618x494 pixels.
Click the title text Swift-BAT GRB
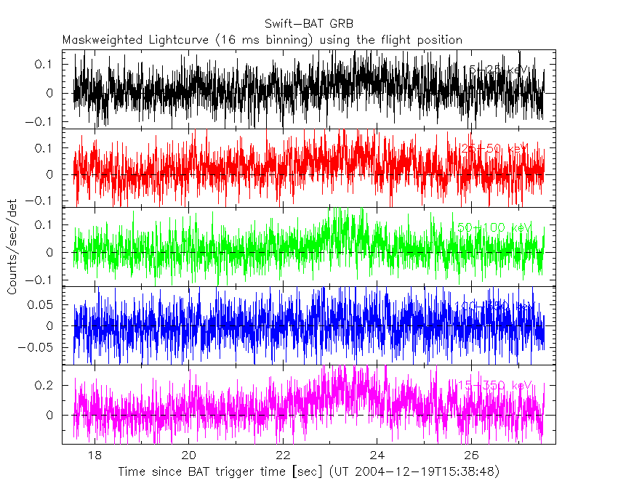click(308, 24)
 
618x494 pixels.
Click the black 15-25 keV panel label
click(499, 70)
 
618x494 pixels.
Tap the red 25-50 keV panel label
click(494, 148)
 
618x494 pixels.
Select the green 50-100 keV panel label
click(494, 227)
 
